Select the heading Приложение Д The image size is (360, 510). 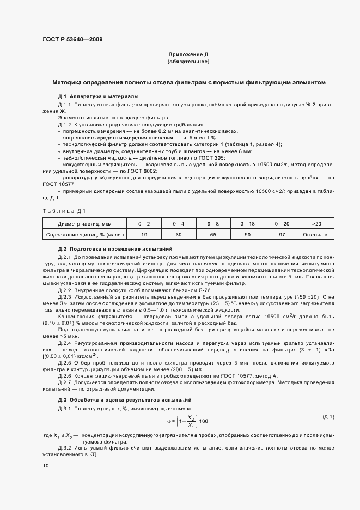[188, 56]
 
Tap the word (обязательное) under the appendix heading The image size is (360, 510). [188, 63]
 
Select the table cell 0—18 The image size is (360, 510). [248, 223]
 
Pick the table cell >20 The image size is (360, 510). [317, 223]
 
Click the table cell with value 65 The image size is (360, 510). [213, 235]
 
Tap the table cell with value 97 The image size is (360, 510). [283, 235]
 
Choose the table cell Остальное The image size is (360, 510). [317, 235]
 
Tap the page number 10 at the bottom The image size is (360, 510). [45, 466]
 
